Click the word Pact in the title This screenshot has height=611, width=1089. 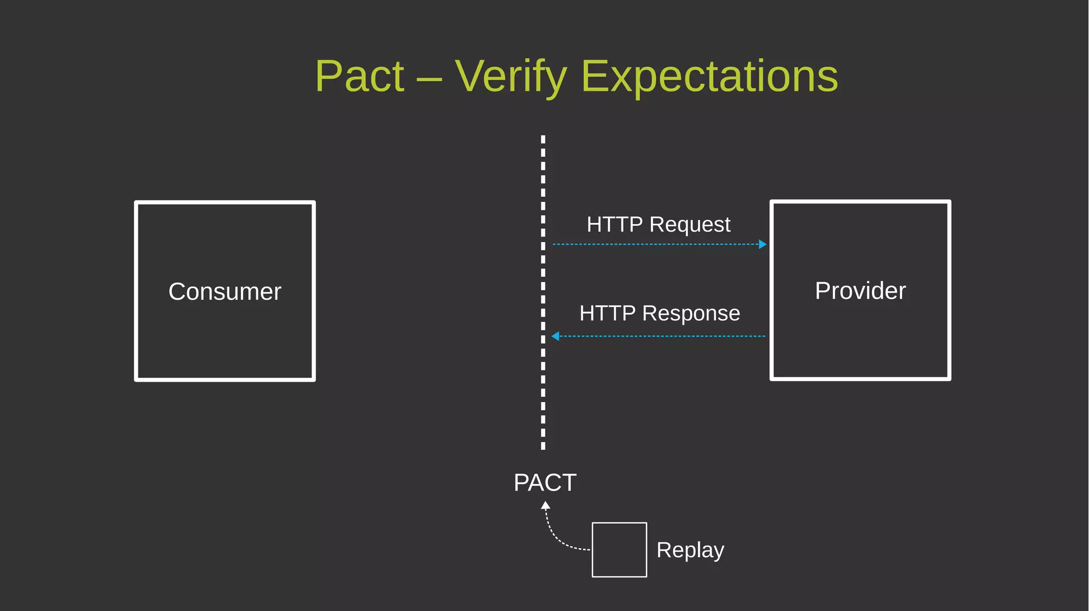point(359,77)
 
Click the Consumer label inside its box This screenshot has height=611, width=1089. point(224,292)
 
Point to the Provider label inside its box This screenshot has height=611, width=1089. point(860,291)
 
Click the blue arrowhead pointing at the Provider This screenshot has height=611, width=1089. point(763,244)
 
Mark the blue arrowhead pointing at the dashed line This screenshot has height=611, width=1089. point(556,336)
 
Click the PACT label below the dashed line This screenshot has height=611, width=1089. point(544,482)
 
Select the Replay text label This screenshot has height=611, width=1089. point(690,550)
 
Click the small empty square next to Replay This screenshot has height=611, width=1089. point(619,549)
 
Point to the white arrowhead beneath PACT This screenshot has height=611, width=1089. point(545,506)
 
